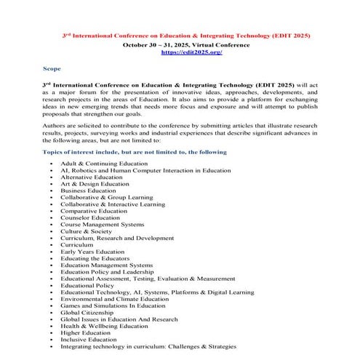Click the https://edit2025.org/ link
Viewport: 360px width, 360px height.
[191, 52]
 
